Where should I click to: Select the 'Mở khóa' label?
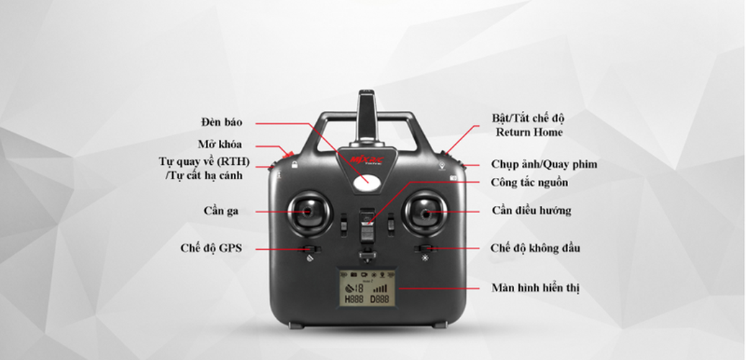click(220, 144)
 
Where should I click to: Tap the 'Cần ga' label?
click(220, 211)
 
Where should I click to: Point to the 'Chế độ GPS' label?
click(211, 248)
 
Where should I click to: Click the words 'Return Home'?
click(529, 132)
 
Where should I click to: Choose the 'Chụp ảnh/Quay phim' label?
click(544, 164)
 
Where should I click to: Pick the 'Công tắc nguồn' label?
click(529, 183)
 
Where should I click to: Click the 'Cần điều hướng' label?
click(531, 210)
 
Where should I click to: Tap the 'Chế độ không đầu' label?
click(535, 248)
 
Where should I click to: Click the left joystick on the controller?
click(307, 212)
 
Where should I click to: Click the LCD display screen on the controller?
click(366, 289)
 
